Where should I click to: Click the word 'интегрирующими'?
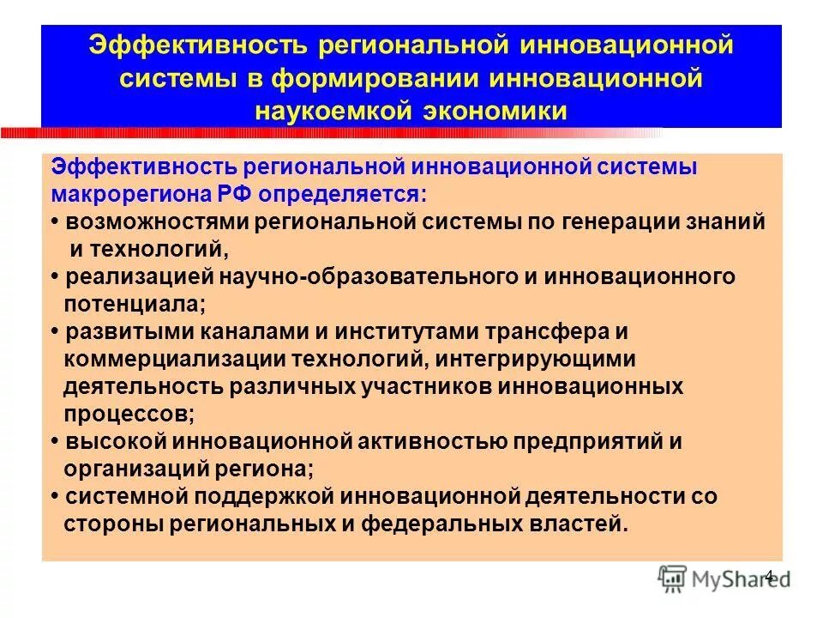(549, 359)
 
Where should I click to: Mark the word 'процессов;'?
(129, 414)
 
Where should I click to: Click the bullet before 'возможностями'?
(54, 221)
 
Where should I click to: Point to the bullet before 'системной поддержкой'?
(54, 496)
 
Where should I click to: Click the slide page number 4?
(768, 576)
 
